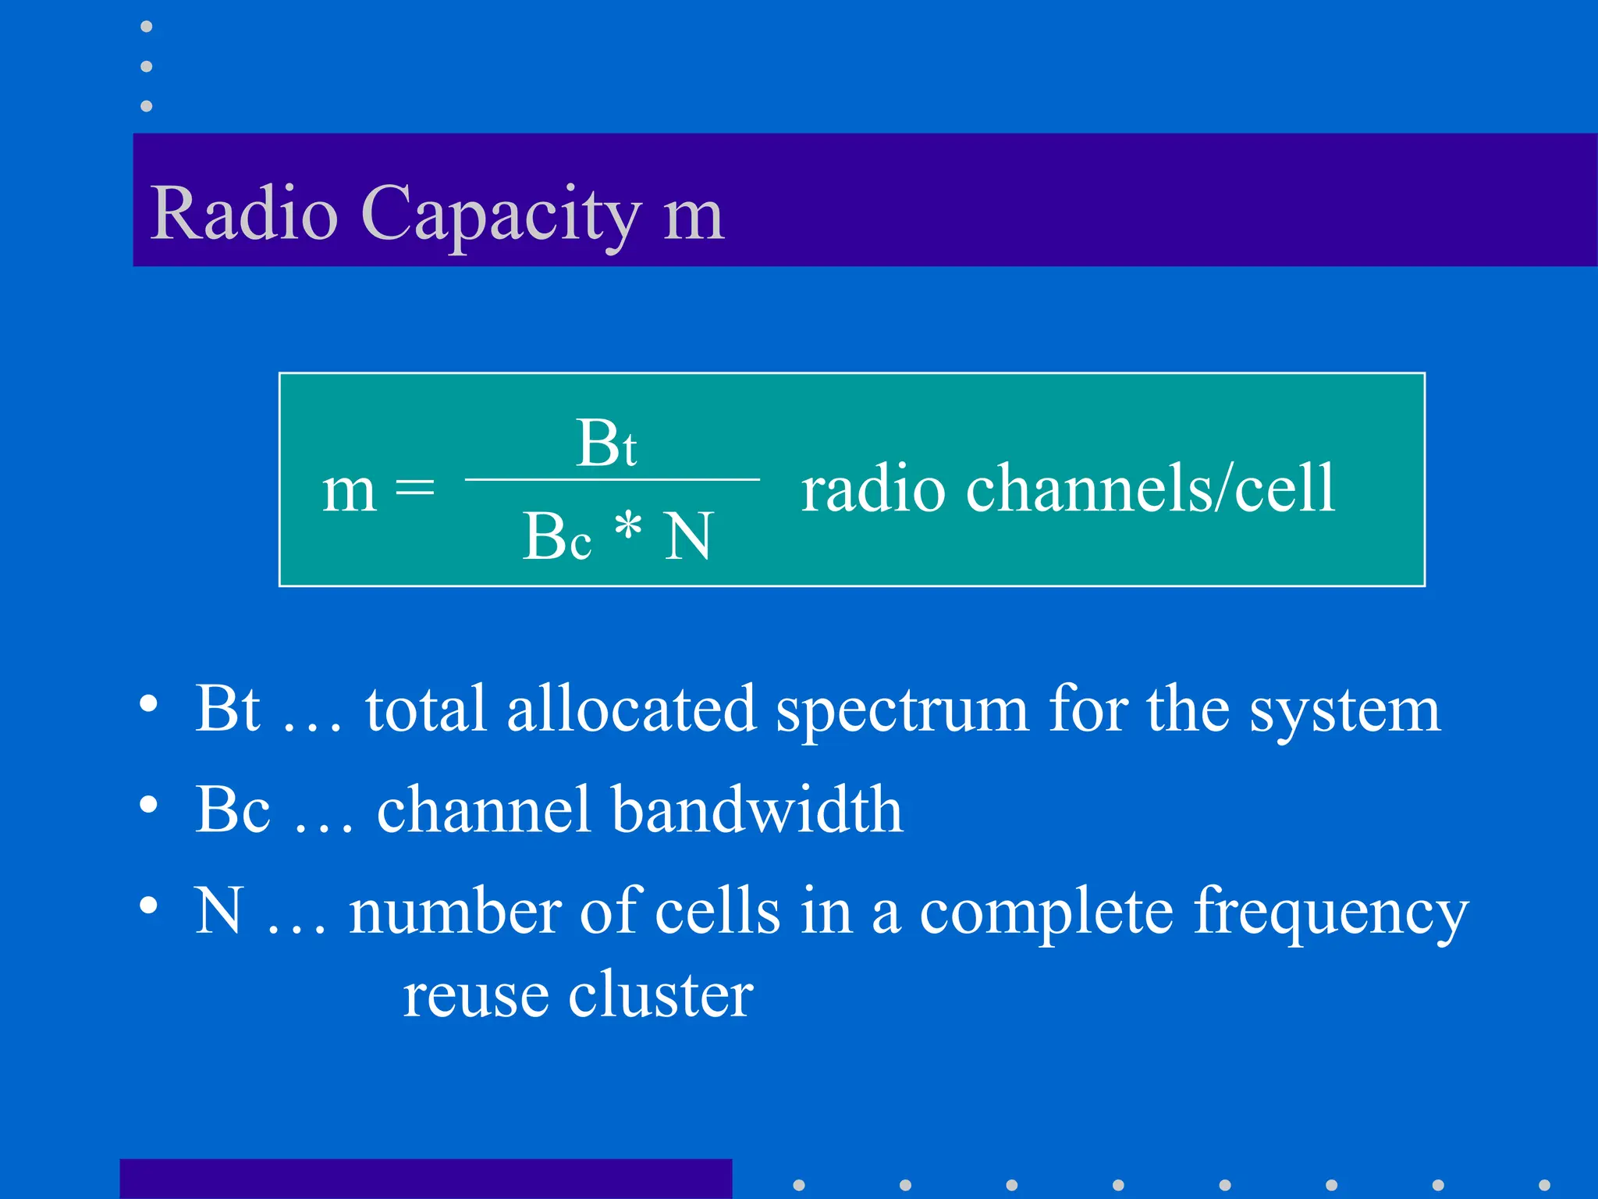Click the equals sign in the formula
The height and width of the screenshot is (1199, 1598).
[414, 489]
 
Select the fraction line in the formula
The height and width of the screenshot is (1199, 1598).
[613, 479]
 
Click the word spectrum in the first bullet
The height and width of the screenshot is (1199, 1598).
[902, 710]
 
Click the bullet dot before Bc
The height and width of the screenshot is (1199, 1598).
[148, 804]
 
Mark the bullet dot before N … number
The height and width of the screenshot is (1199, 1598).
[148, 905]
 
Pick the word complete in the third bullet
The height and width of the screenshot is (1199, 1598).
[1046, 912]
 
